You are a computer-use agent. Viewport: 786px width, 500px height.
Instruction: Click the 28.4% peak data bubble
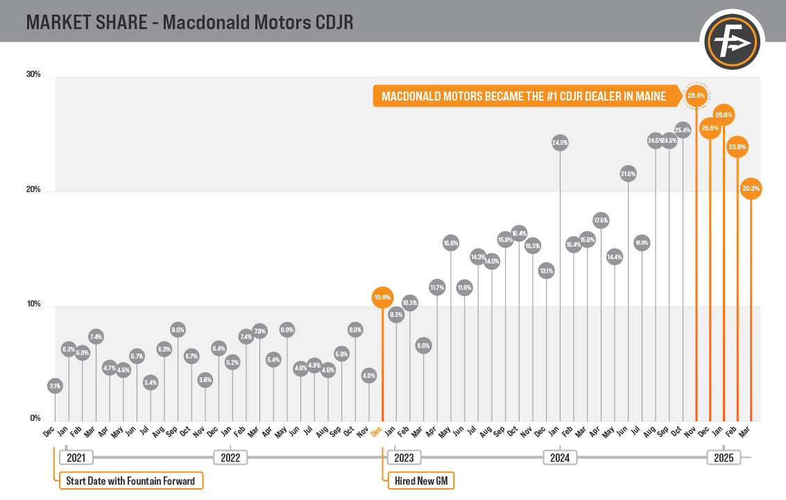[696, 96]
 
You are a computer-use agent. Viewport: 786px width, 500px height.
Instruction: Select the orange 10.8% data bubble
[382, 298]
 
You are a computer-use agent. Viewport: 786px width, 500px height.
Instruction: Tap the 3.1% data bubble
[55, 386]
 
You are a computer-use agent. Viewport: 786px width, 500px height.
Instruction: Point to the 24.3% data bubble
[560, 143]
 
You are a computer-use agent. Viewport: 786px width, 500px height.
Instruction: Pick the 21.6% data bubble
[628, 174]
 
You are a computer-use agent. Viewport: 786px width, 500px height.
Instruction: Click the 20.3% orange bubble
[751, 188]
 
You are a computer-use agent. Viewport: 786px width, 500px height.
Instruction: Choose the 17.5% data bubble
[601, 221]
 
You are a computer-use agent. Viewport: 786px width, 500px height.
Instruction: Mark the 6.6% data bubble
[423, 345]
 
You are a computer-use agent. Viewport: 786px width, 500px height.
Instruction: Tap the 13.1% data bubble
[546, 270]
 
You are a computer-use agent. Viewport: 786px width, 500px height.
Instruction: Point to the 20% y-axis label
[34, 190]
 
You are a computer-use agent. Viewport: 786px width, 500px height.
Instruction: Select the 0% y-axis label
[35, 419]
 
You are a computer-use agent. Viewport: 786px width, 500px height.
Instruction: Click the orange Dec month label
[376, 431]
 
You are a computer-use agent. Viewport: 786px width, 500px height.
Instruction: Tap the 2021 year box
[76, 458]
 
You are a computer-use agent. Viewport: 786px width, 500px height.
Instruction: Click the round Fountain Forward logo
[733, 44]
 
